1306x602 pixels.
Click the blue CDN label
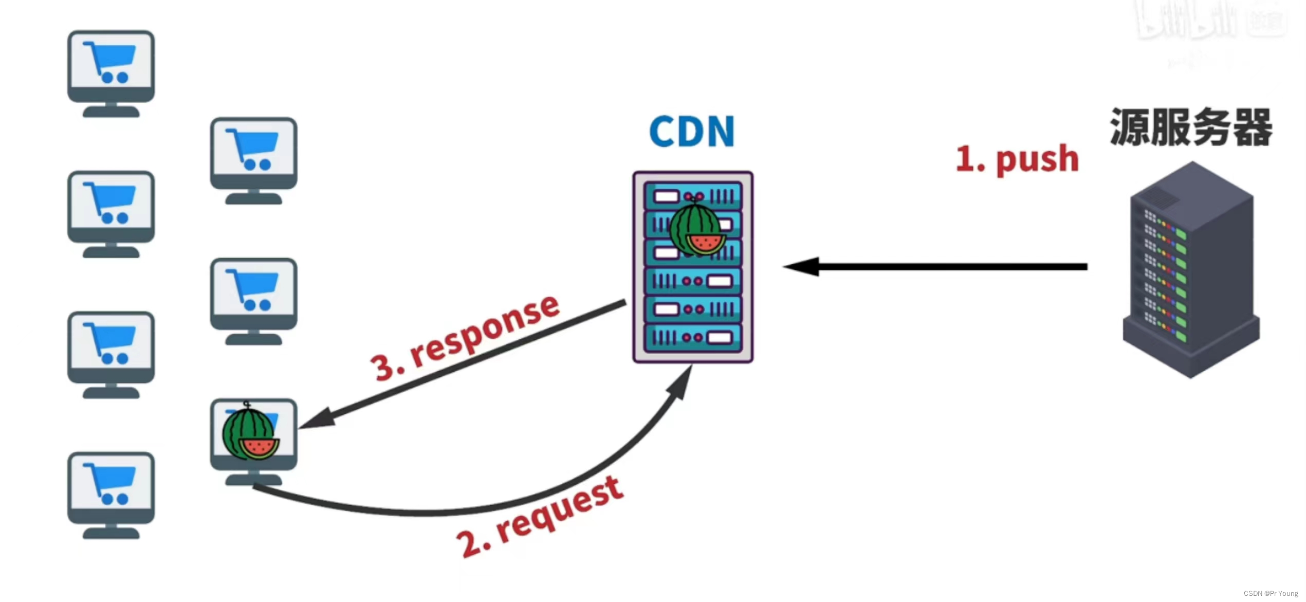click(691, 132)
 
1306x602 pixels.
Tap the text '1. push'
click(1017, 159)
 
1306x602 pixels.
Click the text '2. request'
click(540, 516)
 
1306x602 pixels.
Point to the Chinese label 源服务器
click(1190, 127)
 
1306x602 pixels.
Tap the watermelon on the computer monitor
click(250, 434)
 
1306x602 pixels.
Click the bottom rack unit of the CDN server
click(692, 338)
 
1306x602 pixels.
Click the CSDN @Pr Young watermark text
click(1270, 593)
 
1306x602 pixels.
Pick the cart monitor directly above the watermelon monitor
click(253, 301)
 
